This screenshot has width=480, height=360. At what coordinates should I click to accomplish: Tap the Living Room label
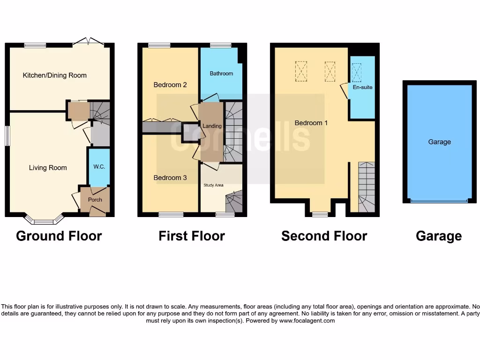[48, 168]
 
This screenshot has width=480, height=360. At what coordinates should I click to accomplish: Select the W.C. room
[99, 167]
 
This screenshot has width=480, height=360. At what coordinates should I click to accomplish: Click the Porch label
[95, 200]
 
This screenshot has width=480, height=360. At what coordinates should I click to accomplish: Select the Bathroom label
[221, 74]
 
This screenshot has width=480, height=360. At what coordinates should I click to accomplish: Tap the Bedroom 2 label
[170, 85]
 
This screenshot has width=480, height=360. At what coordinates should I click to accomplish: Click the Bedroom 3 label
[170, 178]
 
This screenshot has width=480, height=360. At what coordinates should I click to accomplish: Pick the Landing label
[211, 126]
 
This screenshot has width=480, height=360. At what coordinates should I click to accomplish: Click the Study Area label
[213, 185]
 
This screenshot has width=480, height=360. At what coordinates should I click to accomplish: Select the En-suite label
[362, 87]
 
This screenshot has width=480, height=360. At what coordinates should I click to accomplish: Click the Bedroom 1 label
[311, 123]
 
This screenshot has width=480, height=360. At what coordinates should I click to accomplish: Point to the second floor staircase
[367, 187]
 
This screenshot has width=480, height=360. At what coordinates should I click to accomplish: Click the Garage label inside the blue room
[439, 142]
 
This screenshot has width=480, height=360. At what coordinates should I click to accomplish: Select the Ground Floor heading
[59, 236]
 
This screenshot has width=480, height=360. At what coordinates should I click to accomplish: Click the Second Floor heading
[324, 236]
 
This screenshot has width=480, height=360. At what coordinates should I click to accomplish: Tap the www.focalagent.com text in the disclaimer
[307, 321]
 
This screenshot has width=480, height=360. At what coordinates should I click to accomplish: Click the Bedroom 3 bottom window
[171, 215]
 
